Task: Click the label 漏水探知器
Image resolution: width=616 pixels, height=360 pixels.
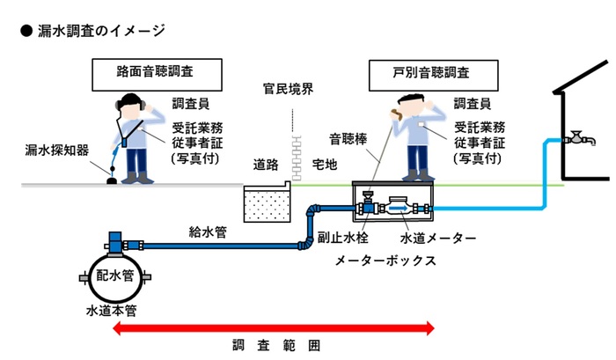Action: (x=56, y=151)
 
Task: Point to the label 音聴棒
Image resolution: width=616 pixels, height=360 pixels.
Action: (x=348, y=138)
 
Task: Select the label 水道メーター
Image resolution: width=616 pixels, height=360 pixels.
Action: (x=438, y=238)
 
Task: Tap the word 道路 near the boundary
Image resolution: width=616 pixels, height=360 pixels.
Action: (x=269, y=165)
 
